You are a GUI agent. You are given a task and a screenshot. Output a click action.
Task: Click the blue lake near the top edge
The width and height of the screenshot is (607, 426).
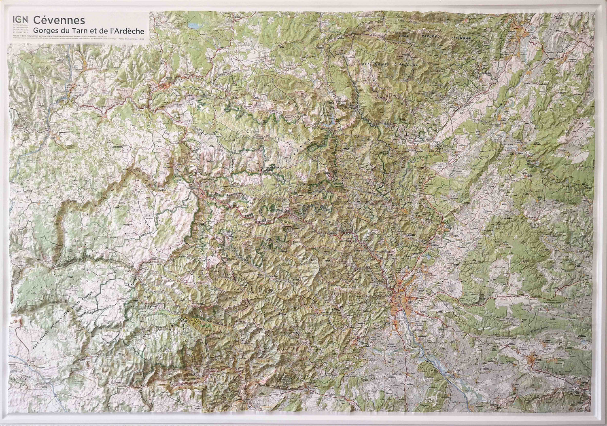[x=195, y=25]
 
